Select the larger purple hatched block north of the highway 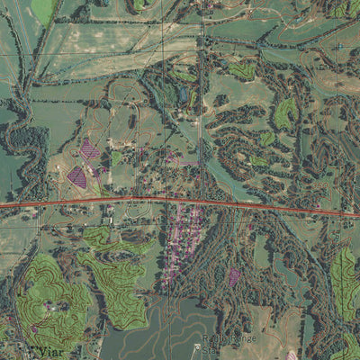tap(89, 148)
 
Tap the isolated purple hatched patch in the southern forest tap(234, 275)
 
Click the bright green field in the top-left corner tap(41, 11)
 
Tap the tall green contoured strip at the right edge tap(344, 283)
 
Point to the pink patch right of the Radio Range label tap(291, 355)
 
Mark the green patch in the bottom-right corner tap(346, 346)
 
